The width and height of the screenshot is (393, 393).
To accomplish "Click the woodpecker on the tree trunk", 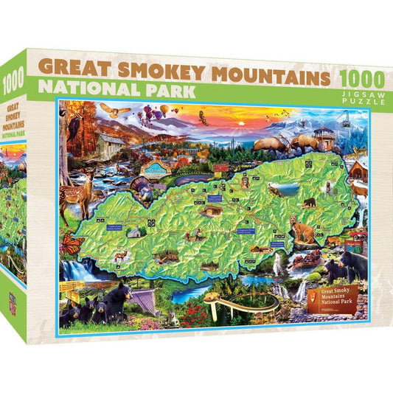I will pos(74,133).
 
